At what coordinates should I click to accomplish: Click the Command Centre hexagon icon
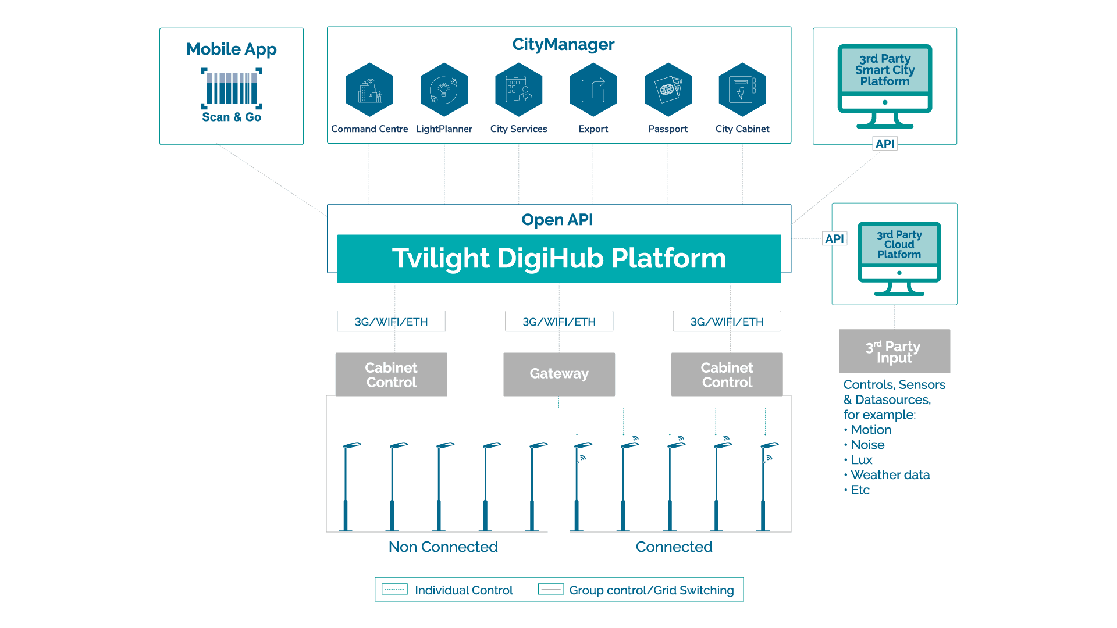(x=369, y=90)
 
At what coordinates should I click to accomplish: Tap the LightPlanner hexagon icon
(x=444, y=90)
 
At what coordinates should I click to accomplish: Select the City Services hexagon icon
(x=518, y=90)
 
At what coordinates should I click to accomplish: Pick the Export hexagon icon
(x=593, y=90)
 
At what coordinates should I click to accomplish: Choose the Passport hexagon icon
(x=668, y=90)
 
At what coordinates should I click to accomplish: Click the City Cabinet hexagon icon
(x=742, y=90)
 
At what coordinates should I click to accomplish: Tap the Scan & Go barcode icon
(x=232, y=88)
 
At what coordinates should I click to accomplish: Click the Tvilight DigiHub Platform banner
(x=558, y=258)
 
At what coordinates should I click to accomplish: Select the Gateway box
(x=558, y=374)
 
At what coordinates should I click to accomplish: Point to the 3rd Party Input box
(x=894, y=351)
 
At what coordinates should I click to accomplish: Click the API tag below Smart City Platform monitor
(x=884, y=144)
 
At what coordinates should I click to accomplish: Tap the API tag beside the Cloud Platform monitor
(x=834, y=238)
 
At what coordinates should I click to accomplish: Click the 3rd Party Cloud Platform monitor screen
(x=899, y=244)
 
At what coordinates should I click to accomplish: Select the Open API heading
(x=557, y=220)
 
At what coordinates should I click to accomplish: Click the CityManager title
(x=563, y=45)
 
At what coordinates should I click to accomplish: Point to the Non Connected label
(x=443, y=547)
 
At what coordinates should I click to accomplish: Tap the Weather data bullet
(x=890, y=475)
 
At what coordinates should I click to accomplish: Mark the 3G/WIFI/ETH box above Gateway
(x=558, y=322)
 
